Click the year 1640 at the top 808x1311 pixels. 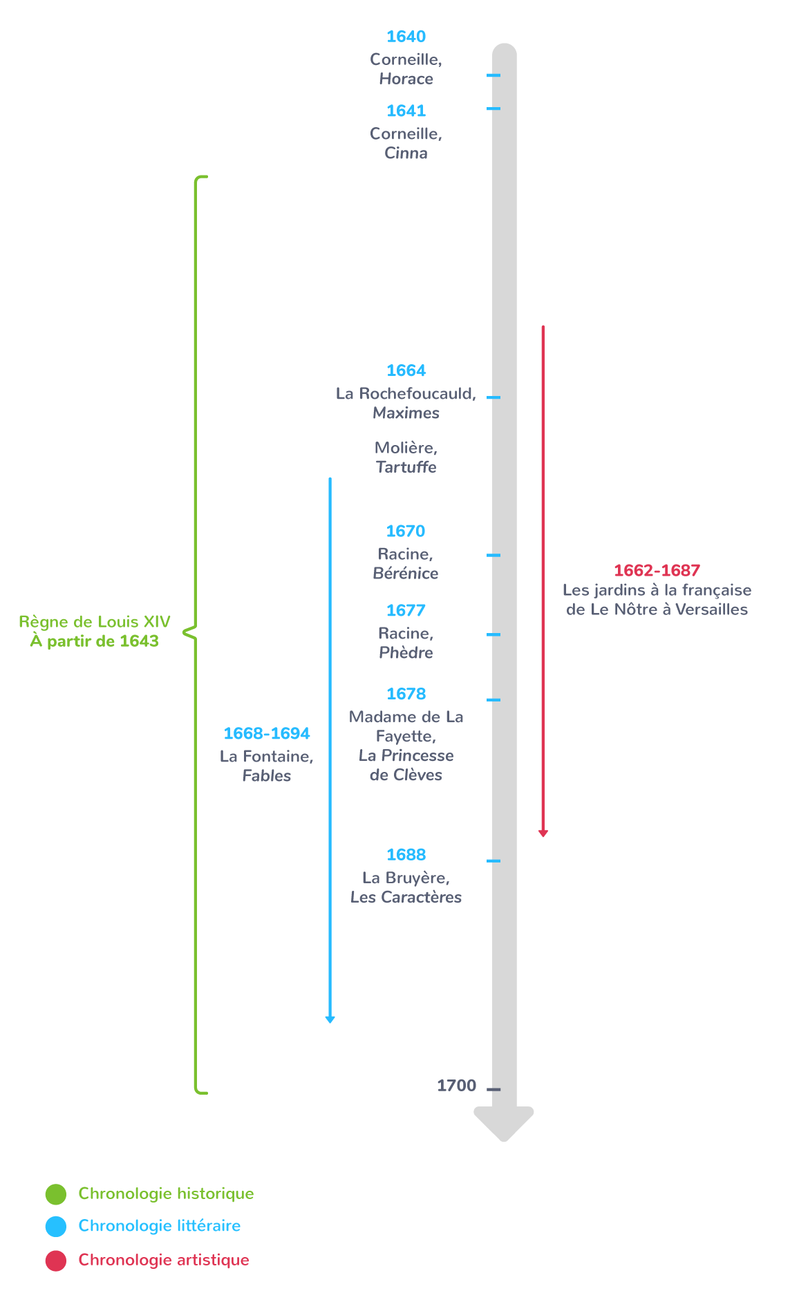[x=406, y=37]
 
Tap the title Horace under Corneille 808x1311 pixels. [x=406, y=79]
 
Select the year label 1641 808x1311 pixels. [x=406, y=111]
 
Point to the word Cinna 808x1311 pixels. [x=406, y=153]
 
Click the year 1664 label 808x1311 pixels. [x=406, y=370]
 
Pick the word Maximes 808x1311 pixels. [x=406, y=413]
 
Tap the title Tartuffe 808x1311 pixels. [x=406, y=467]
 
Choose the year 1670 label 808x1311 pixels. [x=406, y=531]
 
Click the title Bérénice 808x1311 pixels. [x=406, y=573]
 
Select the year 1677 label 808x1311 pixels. [x=406, y=610]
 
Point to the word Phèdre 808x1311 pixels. [x=406, y=652]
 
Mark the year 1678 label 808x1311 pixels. [x=406, y=694]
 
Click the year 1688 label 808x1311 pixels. [x=406, y=855]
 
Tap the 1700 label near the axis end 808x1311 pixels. [x=456, y=1086]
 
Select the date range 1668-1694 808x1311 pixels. [x=267, y=733]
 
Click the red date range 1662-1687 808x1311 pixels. [x=657, y=570]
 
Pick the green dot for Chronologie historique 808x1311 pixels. [x=56, y=1194]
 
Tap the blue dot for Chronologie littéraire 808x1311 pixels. [x=56, y=1226]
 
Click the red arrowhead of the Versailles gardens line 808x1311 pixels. [x=543, y=833]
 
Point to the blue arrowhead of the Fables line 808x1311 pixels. [x=330, y=1019]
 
